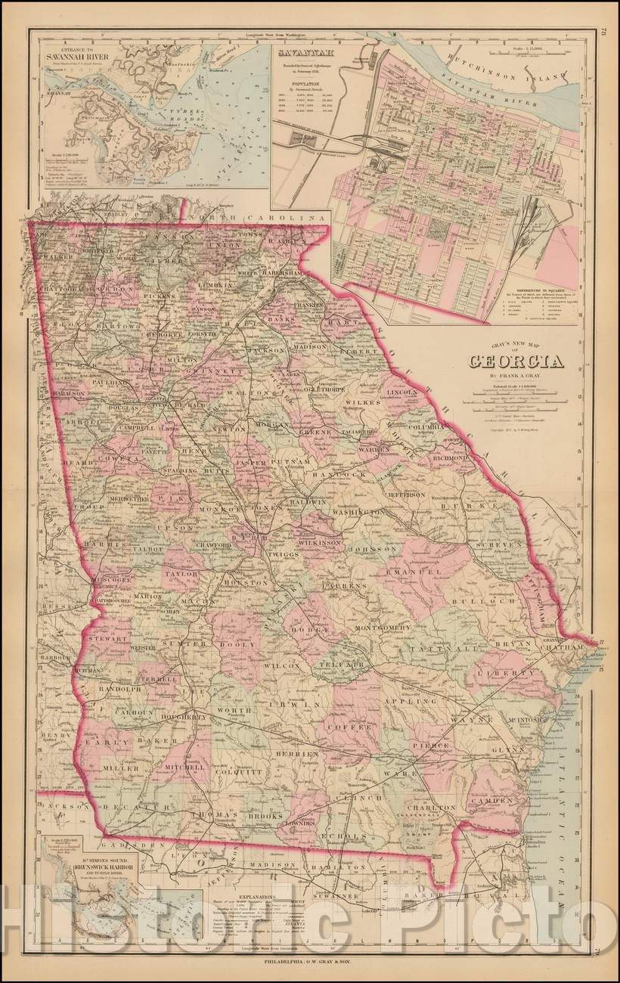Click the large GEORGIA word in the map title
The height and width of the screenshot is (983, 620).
(x=516, y=361)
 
